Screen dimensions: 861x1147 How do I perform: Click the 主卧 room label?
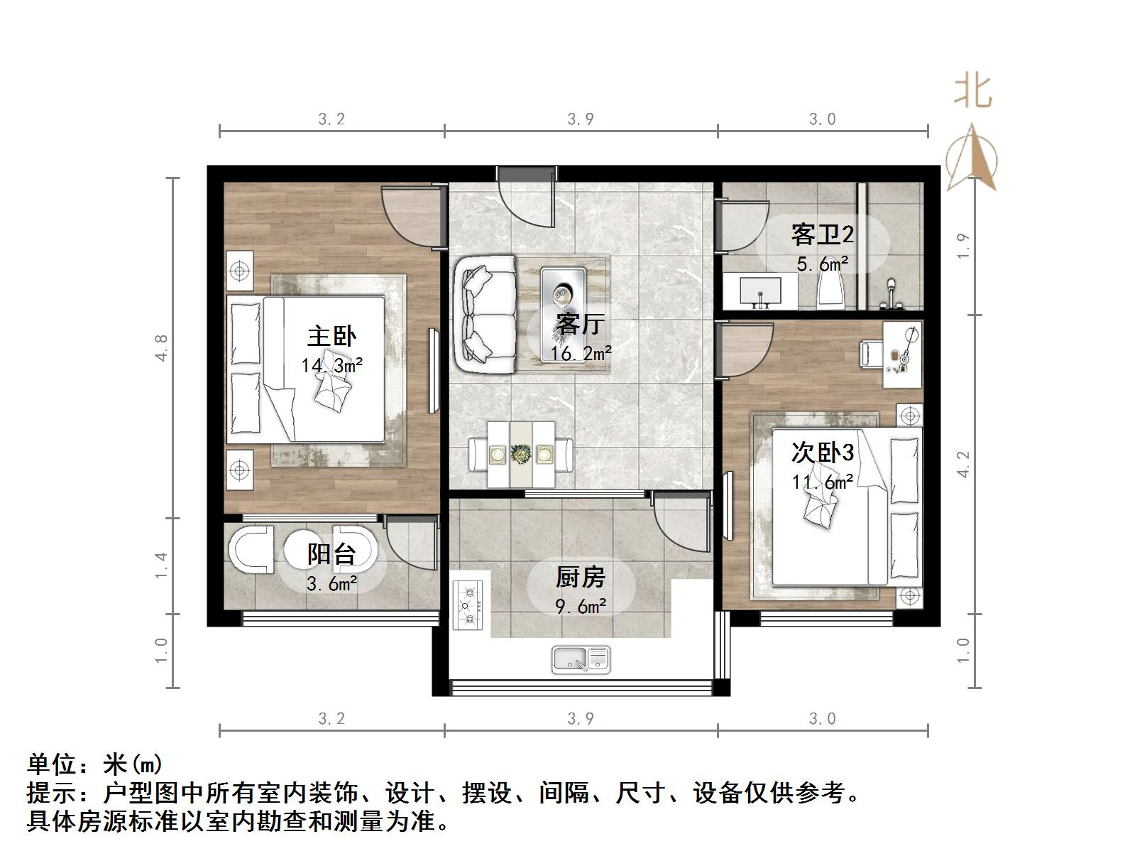click(331, 336)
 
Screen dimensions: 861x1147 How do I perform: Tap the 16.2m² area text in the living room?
click(581, 352)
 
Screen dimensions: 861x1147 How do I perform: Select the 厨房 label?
click(580, 577)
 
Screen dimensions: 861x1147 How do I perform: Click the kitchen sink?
click(581, 659)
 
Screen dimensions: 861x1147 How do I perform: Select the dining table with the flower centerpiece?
click(521, 454)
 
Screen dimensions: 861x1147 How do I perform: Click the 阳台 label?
click(331, 553)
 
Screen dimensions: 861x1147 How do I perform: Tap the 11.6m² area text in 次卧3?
click(822, 482)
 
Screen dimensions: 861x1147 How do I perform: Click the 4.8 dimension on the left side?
click(163, 347)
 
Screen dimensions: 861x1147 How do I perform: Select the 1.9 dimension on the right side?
click(963, 246)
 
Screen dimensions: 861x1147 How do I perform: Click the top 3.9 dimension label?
click(580, 119)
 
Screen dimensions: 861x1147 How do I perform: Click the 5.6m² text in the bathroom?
click(822, 264)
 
